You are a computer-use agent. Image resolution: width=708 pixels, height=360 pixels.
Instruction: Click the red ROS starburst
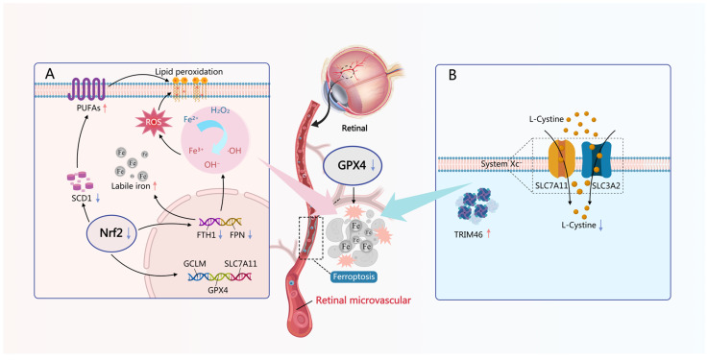click(151, 122)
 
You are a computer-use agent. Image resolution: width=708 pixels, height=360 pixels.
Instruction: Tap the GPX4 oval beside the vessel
click(353, 165)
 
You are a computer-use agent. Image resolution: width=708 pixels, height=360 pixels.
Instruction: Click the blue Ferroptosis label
click(354, 277)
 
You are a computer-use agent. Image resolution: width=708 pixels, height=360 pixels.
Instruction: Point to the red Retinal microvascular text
click(363, 300)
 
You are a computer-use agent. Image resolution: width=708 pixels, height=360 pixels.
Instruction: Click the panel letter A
click(49, 75)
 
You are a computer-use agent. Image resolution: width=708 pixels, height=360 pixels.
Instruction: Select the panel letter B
click(452, 75)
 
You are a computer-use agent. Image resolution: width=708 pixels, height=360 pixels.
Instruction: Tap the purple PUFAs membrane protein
click(86, 88)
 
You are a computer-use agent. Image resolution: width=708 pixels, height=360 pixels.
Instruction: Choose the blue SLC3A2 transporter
click(596, 163)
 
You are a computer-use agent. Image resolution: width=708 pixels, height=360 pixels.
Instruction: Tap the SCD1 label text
click(78, 198)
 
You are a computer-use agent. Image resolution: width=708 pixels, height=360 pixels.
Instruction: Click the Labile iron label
click(130, 185)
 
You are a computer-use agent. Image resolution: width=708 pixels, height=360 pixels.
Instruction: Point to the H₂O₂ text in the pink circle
click(220, 110)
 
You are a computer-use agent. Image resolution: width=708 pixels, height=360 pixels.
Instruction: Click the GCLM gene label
click(195, 263)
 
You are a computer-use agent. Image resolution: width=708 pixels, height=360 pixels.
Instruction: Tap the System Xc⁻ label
click(501, 164)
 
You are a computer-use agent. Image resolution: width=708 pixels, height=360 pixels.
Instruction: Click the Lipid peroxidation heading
click(188, 71)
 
